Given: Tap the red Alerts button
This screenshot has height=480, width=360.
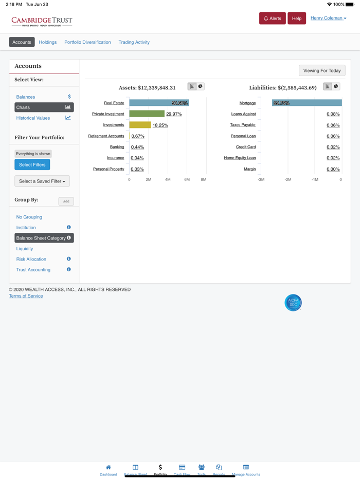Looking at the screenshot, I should [x=272, y=19].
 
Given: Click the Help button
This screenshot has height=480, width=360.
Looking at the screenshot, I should [x=297, y=19].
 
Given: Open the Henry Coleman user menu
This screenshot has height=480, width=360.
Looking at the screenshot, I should [x=328, y=18].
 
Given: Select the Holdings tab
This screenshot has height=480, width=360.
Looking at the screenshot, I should [x=48, y=42].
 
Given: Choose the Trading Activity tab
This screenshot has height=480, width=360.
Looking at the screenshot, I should [x=134, y=42].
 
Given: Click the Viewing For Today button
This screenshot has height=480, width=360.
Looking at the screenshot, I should [x=322, y=70].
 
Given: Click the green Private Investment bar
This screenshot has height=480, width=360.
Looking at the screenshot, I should [x=147, y=114].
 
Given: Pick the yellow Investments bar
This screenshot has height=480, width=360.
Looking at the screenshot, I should [x=140, y=125].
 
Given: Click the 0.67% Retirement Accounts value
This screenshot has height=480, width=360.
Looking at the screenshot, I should [x=138, y=136].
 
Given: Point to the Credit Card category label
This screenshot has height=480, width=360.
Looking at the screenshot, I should [x=246, y=147].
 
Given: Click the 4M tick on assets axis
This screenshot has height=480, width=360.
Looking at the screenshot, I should [x=168, y=179].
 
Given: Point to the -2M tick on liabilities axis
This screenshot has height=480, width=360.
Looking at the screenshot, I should [x=288, y=179].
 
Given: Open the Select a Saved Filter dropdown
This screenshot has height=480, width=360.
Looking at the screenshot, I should [x=42, y=181].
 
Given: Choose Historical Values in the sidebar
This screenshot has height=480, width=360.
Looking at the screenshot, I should [x=33, y=118].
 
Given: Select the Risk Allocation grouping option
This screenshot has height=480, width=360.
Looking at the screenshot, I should [x=31, y=259].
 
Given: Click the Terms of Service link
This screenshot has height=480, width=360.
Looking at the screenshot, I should [x=26, y=296].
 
